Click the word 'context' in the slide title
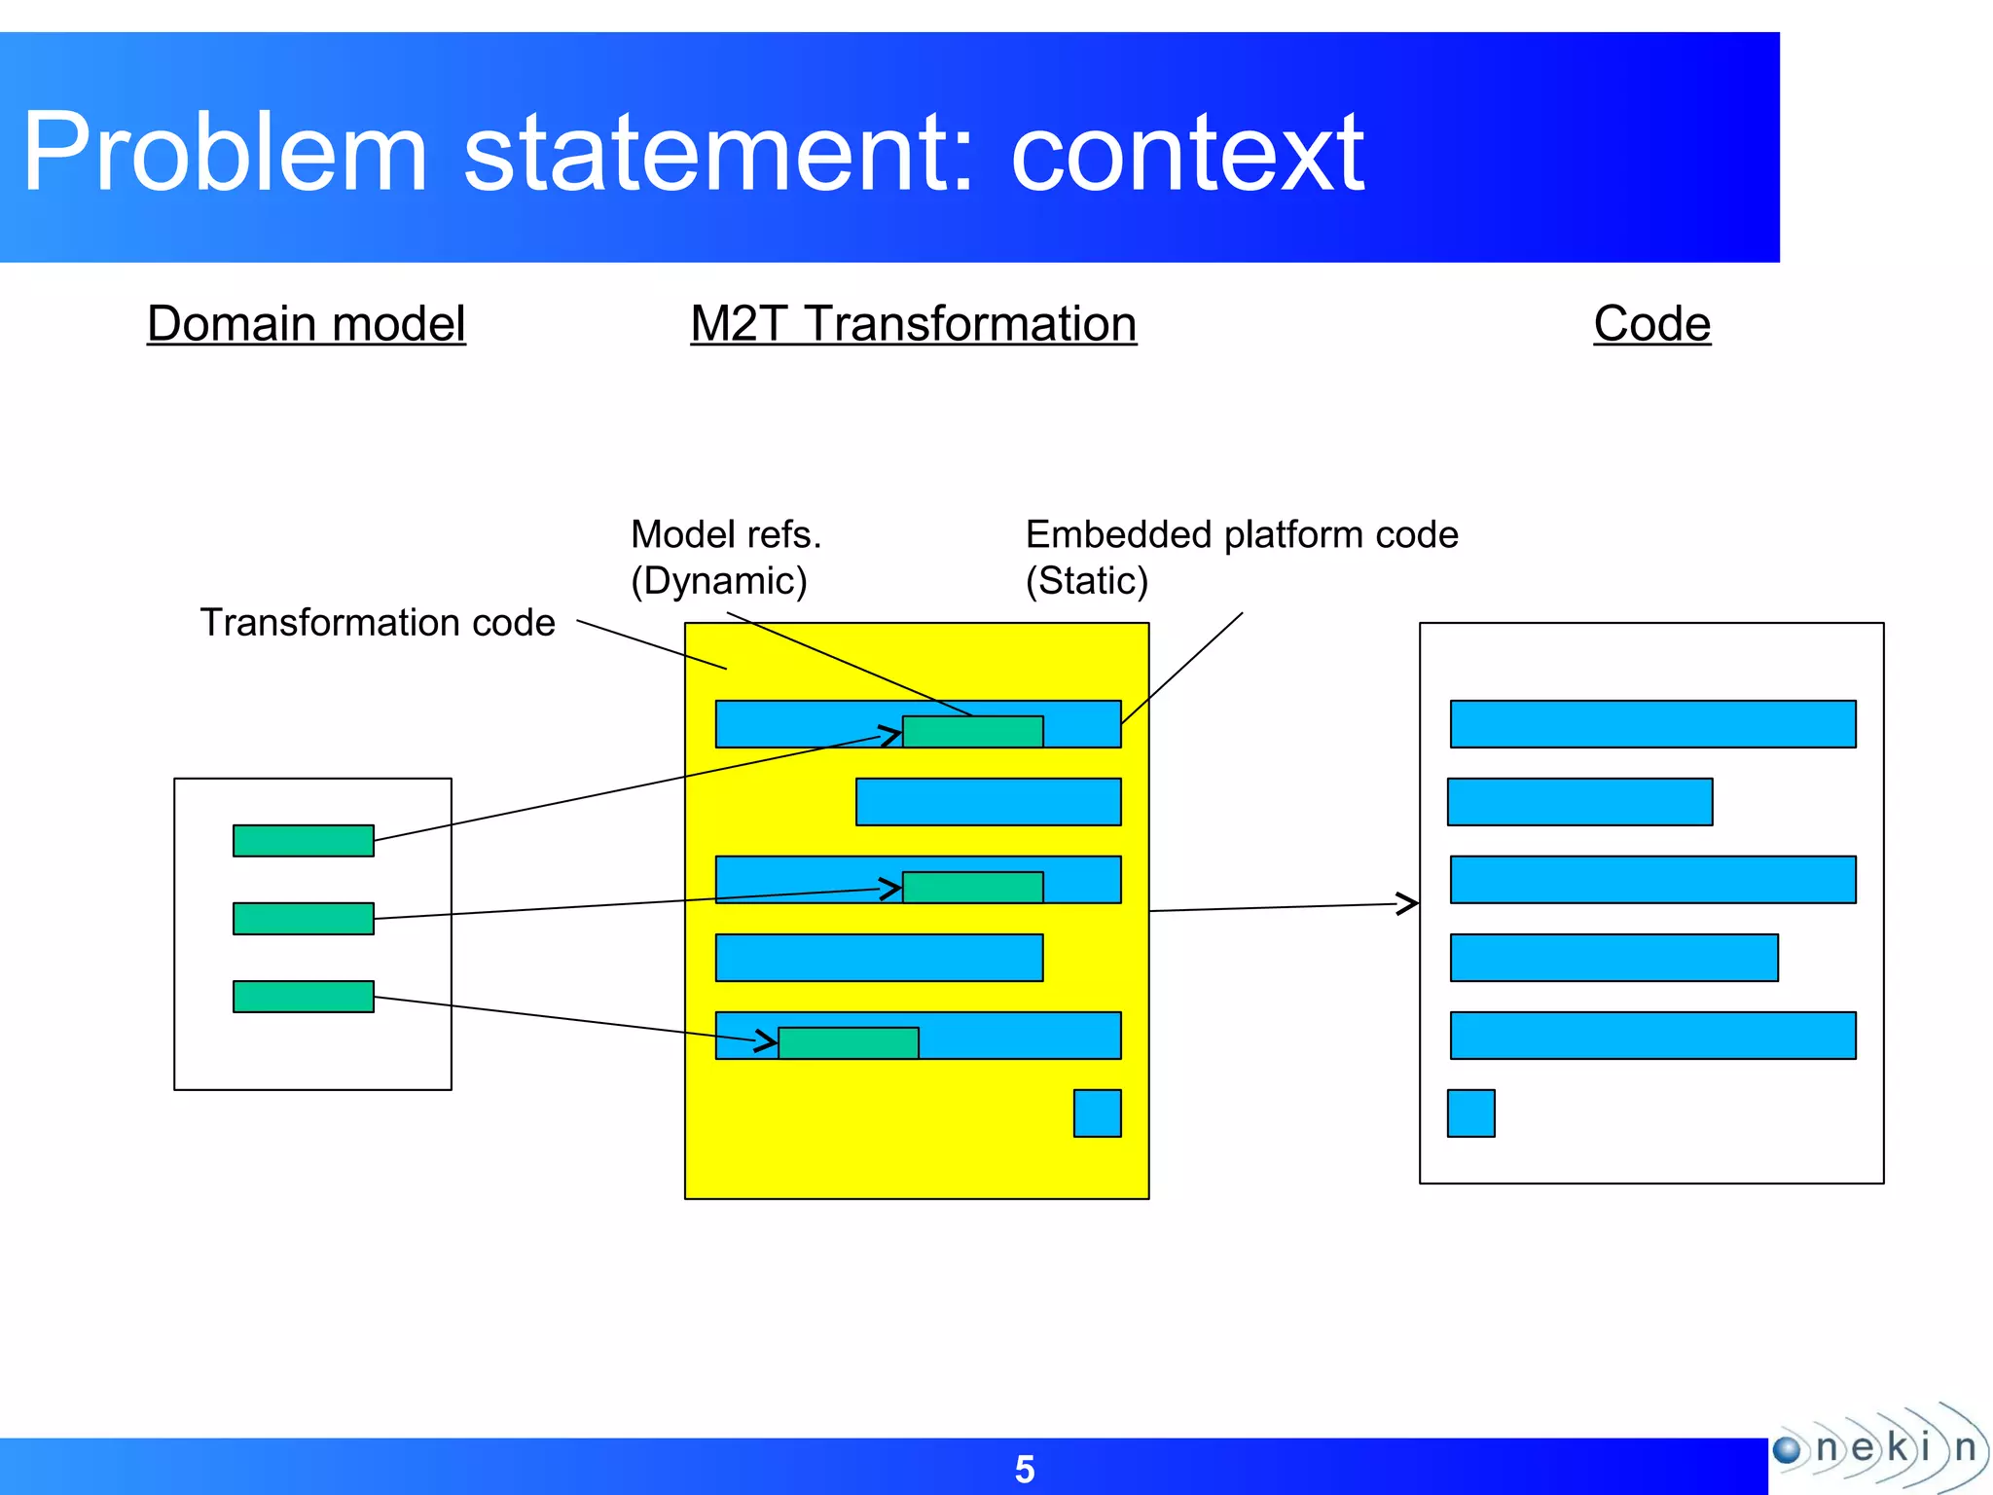(x=1187, y=153)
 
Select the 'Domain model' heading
(x=307, y=323)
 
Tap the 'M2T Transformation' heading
(x=913, y=323)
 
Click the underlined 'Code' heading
(x=1651, y=323)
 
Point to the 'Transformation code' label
(x=378, y=622)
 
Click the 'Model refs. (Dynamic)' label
(x=725, y=557)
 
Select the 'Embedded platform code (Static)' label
(x=1241, y=557)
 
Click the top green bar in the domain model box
(x=304, y=841)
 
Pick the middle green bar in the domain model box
(x=304, y=919)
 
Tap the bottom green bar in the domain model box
(x=304, y=997)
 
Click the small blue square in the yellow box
(x=1097, y=1113)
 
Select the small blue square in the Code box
(x=1470, y=1113)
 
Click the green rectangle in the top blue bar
(x=973, y=732)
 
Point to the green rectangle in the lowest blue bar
(x=849, y=1043)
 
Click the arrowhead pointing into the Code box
(x=1408, y=903)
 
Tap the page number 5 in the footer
(x=1025, y=1469)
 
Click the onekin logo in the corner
(x=1878, y=1448)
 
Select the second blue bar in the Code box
(x=1579, y=802)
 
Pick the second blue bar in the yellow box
(x=988, y=802)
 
